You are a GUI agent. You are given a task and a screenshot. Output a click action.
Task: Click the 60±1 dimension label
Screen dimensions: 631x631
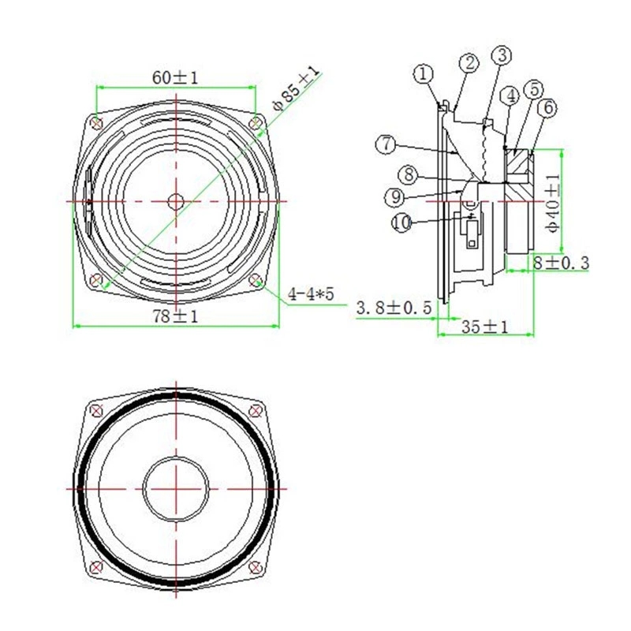(174, 77)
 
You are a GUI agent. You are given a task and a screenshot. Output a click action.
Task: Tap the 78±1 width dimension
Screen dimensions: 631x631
(174, 315)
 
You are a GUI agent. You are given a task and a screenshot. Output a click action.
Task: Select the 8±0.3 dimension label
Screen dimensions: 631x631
(561, 263)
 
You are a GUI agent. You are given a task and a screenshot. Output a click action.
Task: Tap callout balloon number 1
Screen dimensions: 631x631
(424, 74)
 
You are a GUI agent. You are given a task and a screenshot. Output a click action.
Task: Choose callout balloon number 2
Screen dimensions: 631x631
(469, 63)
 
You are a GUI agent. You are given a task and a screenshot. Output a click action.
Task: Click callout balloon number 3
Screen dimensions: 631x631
(501, 55)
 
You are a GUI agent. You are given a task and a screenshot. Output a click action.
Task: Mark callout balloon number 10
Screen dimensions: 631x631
(401, 223)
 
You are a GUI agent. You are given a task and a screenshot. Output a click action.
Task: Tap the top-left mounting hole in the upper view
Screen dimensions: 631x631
(96, 122)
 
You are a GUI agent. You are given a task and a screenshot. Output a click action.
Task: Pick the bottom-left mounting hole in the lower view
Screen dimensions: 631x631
(96, 566)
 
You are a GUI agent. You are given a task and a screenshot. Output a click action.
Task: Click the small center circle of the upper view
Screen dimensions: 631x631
(175, 201)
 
